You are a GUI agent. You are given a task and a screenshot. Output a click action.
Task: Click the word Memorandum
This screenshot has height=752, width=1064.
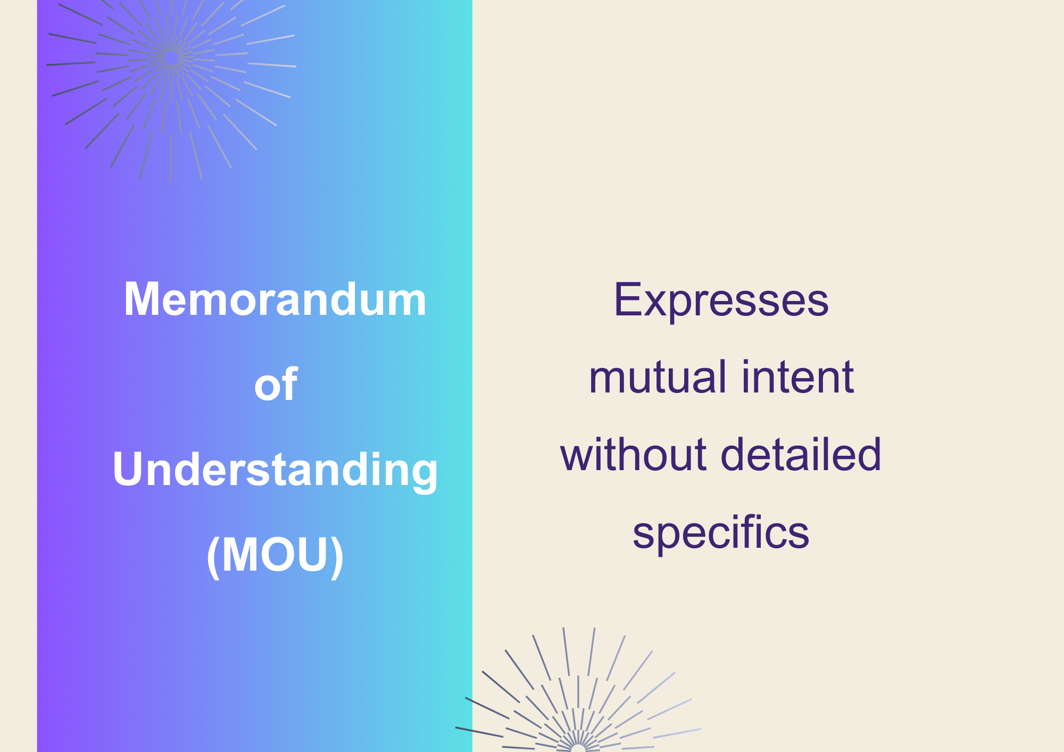point(275,299)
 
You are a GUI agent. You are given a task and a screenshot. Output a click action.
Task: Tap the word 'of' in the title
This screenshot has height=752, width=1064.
point(276,384)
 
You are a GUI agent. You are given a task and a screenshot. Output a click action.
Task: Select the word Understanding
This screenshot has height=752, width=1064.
point(275,470)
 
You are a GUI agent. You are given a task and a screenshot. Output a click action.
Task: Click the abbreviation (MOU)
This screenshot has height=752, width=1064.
point(275,555)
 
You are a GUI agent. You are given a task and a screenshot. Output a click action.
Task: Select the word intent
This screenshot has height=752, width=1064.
point(797,377)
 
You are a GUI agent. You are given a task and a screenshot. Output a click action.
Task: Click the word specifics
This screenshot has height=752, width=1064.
point(721,533)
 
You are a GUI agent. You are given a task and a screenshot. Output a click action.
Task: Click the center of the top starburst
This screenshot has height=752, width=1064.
point(171,59)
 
